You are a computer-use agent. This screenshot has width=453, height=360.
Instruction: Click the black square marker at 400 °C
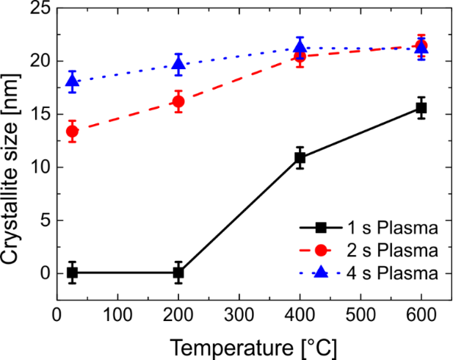click(300, 157)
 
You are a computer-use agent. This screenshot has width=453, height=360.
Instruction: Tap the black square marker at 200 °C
click(178, 273)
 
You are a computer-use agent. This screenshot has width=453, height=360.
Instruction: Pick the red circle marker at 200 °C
click(178, 101)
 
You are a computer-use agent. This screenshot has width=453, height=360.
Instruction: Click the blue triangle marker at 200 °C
click(178, 65)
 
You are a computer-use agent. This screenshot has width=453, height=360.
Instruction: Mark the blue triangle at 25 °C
click(72, 81)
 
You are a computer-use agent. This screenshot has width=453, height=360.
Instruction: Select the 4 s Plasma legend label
click(401, 273)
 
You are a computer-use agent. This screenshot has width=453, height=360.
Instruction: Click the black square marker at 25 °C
click(72, 273)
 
